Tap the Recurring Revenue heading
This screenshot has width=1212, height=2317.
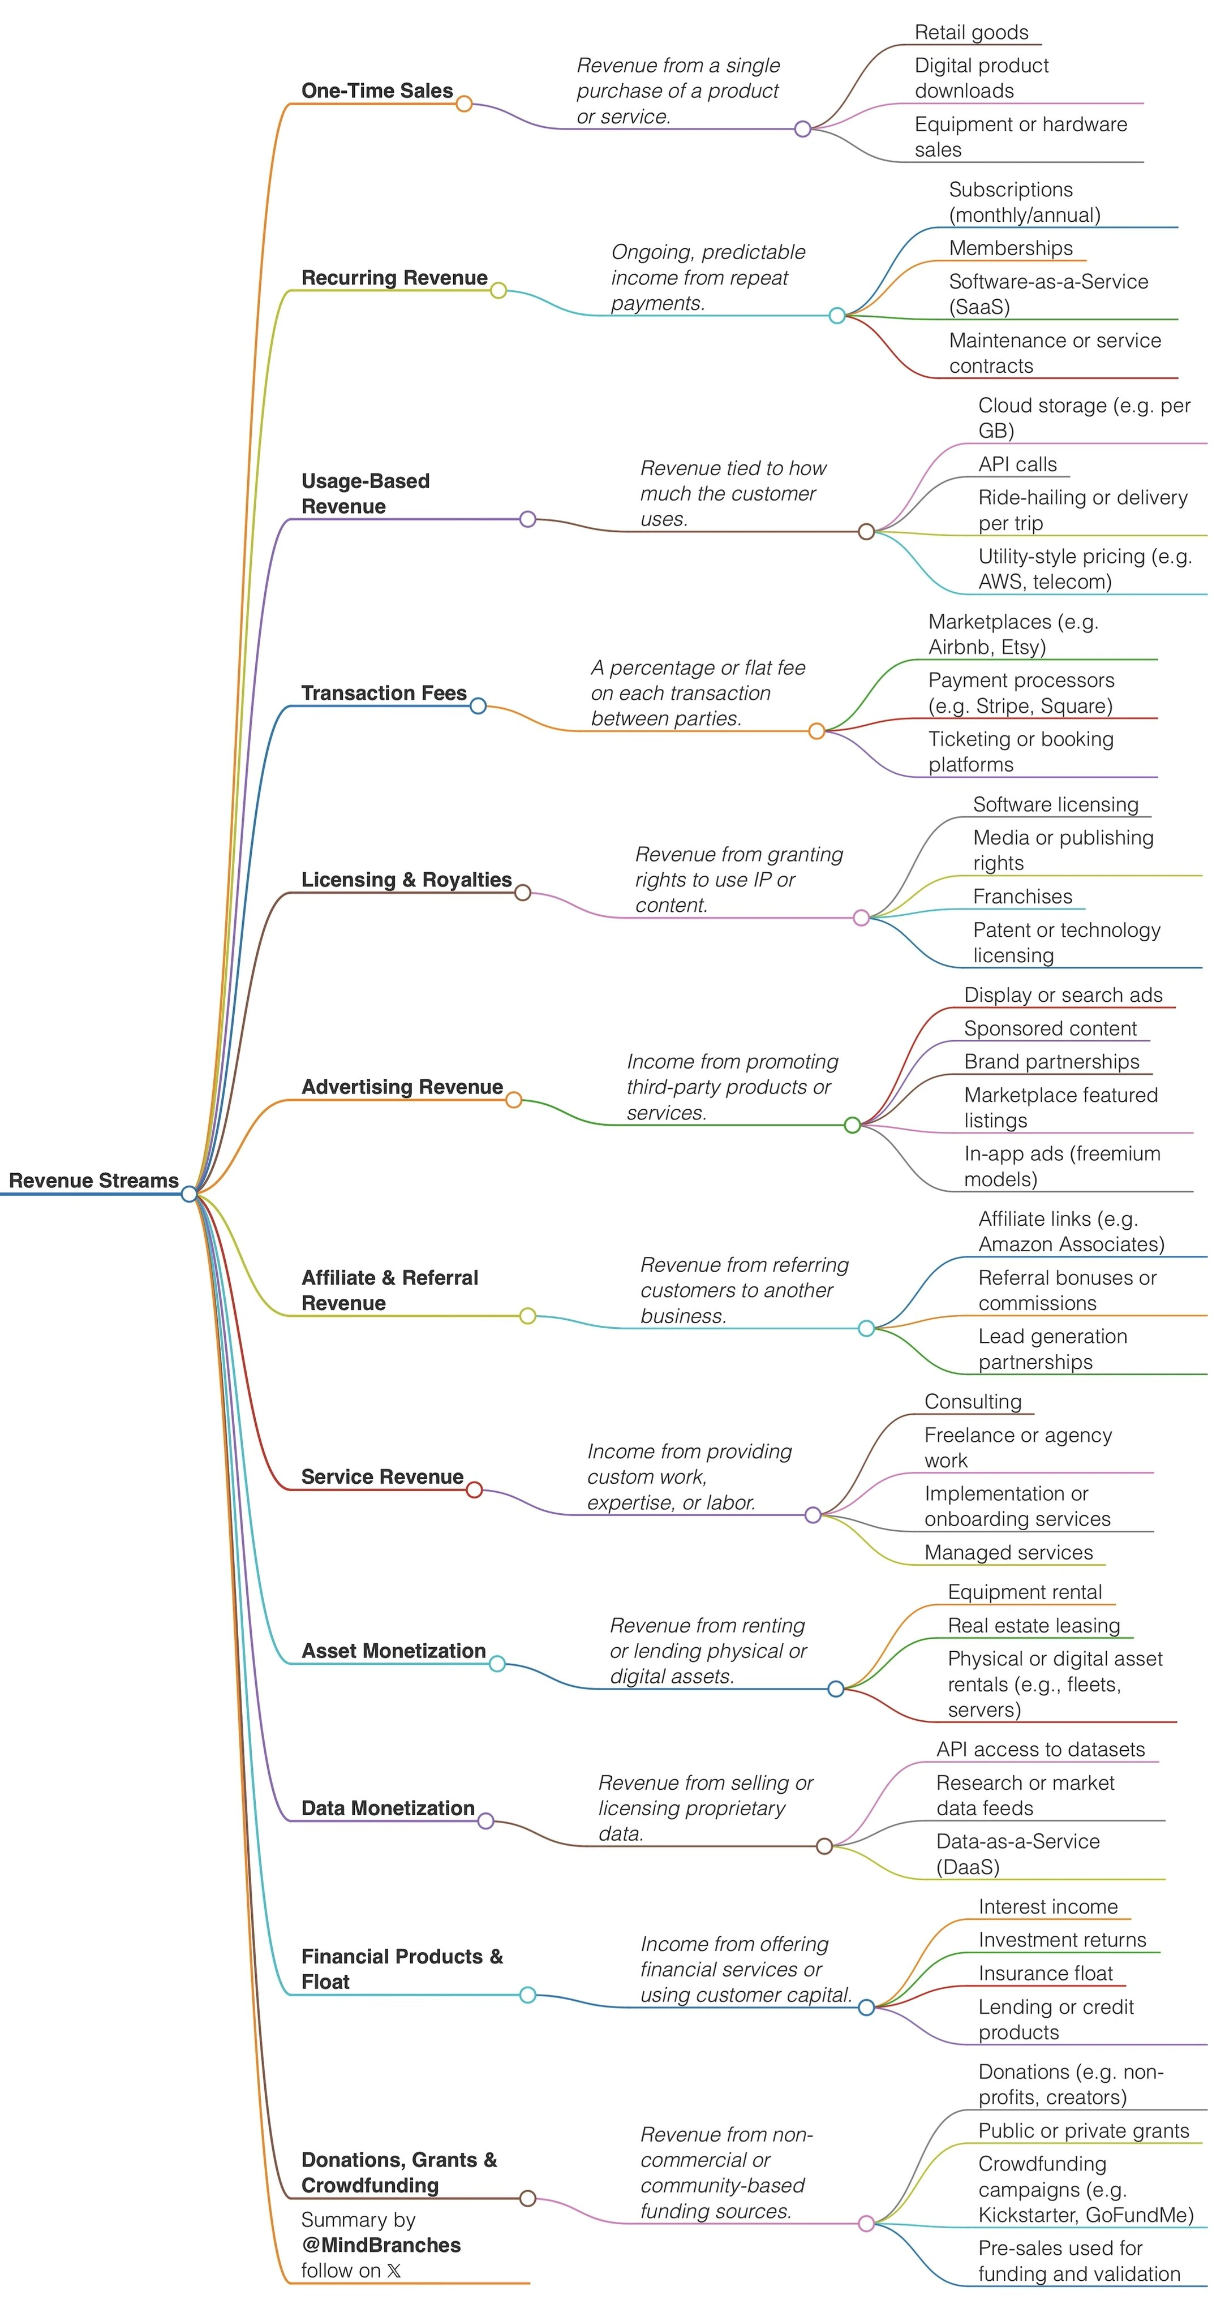pyautogui.click(x=394, y=277)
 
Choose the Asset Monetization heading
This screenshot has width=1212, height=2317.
pyautogui.click(x=393, y=1651)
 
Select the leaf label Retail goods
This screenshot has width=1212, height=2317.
pyautogui.click(x=971, y=32)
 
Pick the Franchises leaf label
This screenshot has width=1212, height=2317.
pyautogui.click(x=1022, y=896)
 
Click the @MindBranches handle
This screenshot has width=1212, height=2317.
pyautogui.click(x=381, y=2245)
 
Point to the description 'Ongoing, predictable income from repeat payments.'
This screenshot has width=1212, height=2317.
pyautogui.click(x=707, y=277)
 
